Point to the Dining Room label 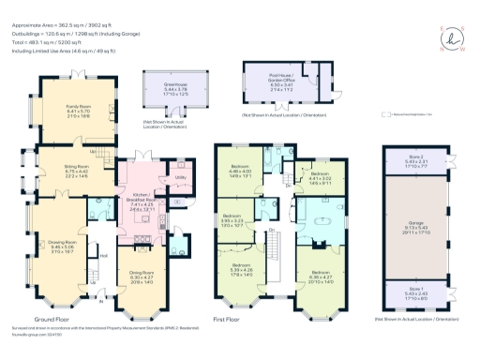142,276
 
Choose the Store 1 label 415,292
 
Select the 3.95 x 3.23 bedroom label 245,223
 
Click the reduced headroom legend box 385,116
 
